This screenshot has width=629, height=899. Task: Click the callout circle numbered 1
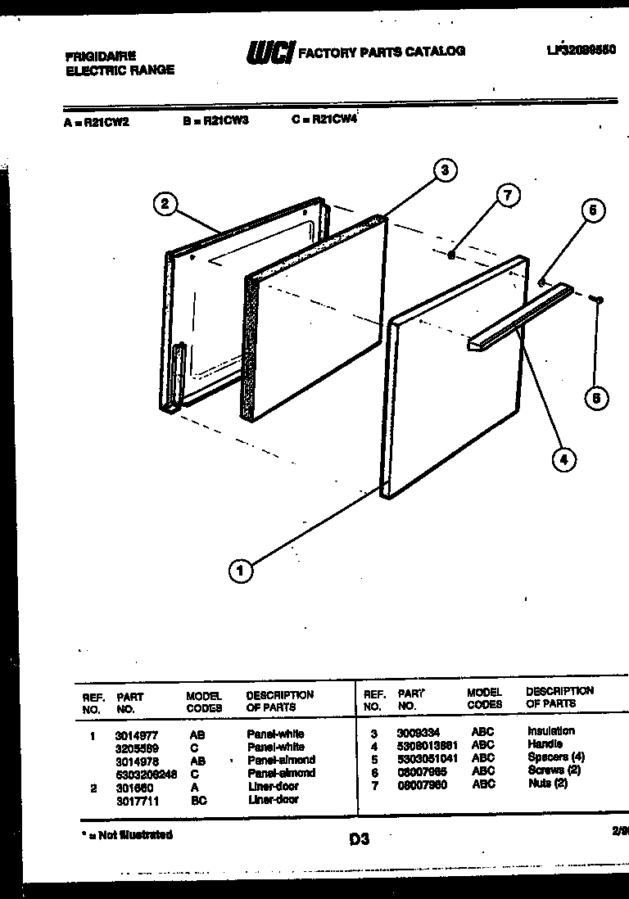pos(240,572)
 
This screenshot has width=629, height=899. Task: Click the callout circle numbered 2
pos(165,204)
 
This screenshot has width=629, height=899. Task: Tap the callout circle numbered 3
pos(444,170)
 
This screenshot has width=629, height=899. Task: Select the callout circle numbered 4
pos(563,459)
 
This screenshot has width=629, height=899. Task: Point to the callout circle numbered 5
pos(593,210)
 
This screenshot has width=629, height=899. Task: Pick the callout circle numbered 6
pos(595,399)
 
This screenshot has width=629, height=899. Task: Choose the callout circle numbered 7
pos(508,195)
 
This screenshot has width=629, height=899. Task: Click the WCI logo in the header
pos(269,52)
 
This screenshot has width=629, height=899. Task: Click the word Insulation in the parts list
pos(551,730)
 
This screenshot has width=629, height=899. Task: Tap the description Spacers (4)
pos(556,757)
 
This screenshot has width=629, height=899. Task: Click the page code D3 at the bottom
pos(359,839)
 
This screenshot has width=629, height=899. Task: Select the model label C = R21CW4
pos(325,119)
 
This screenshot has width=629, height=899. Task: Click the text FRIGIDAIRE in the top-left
pos(101,56)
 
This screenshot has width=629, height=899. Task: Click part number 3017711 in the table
pos(137,800)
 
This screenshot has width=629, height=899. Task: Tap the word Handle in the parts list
pos(545,744)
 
